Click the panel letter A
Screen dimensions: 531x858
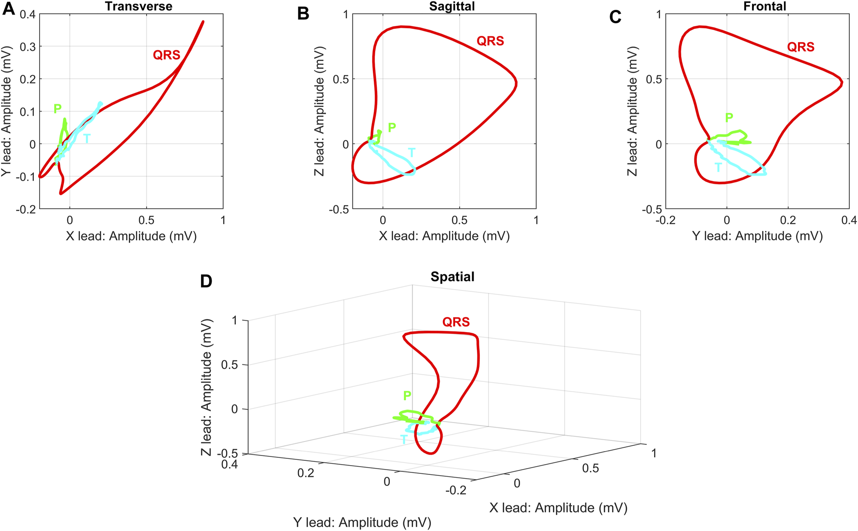[9, 9]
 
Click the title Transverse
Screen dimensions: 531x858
[138, 6]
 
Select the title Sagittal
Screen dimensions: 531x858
[452, 6]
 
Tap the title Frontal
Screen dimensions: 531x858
[765, 6]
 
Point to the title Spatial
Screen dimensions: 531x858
[452, 277]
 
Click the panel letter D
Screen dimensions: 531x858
[206, 281]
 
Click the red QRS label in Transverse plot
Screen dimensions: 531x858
[167, 55]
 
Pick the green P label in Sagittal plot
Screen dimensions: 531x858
[392, 127]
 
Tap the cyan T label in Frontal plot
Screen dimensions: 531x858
[718, 168]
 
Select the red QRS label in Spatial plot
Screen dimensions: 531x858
[456, 322]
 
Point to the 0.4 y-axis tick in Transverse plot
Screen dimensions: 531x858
[28, 14]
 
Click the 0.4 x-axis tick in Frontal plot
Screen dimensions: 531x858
[848, 220]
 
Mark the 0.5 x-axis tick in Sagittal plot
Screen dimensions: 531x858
[460, 220]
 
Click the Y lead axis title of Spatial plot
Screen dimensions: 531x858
[362, 522]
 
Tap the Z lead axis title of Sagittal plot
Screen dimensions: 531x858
[319, 111]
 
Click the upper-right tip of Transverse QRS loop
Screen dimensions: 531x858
[203, 22]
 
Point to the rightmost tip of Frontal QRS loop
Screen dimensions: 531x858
[842, 83]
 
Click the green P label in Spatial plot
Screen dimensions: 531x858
[407, 395]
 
